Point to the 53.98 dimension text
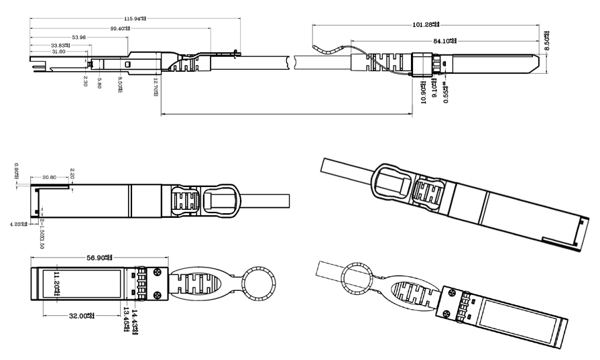click(78, 37)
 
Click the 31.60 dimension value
click(58, 52)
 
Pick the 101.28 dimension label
click(426, 24)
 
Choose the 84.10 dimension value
click(444, 41)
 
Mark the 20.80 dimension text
click(48, 177)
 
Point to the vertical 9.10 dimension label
click(434, 89)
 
